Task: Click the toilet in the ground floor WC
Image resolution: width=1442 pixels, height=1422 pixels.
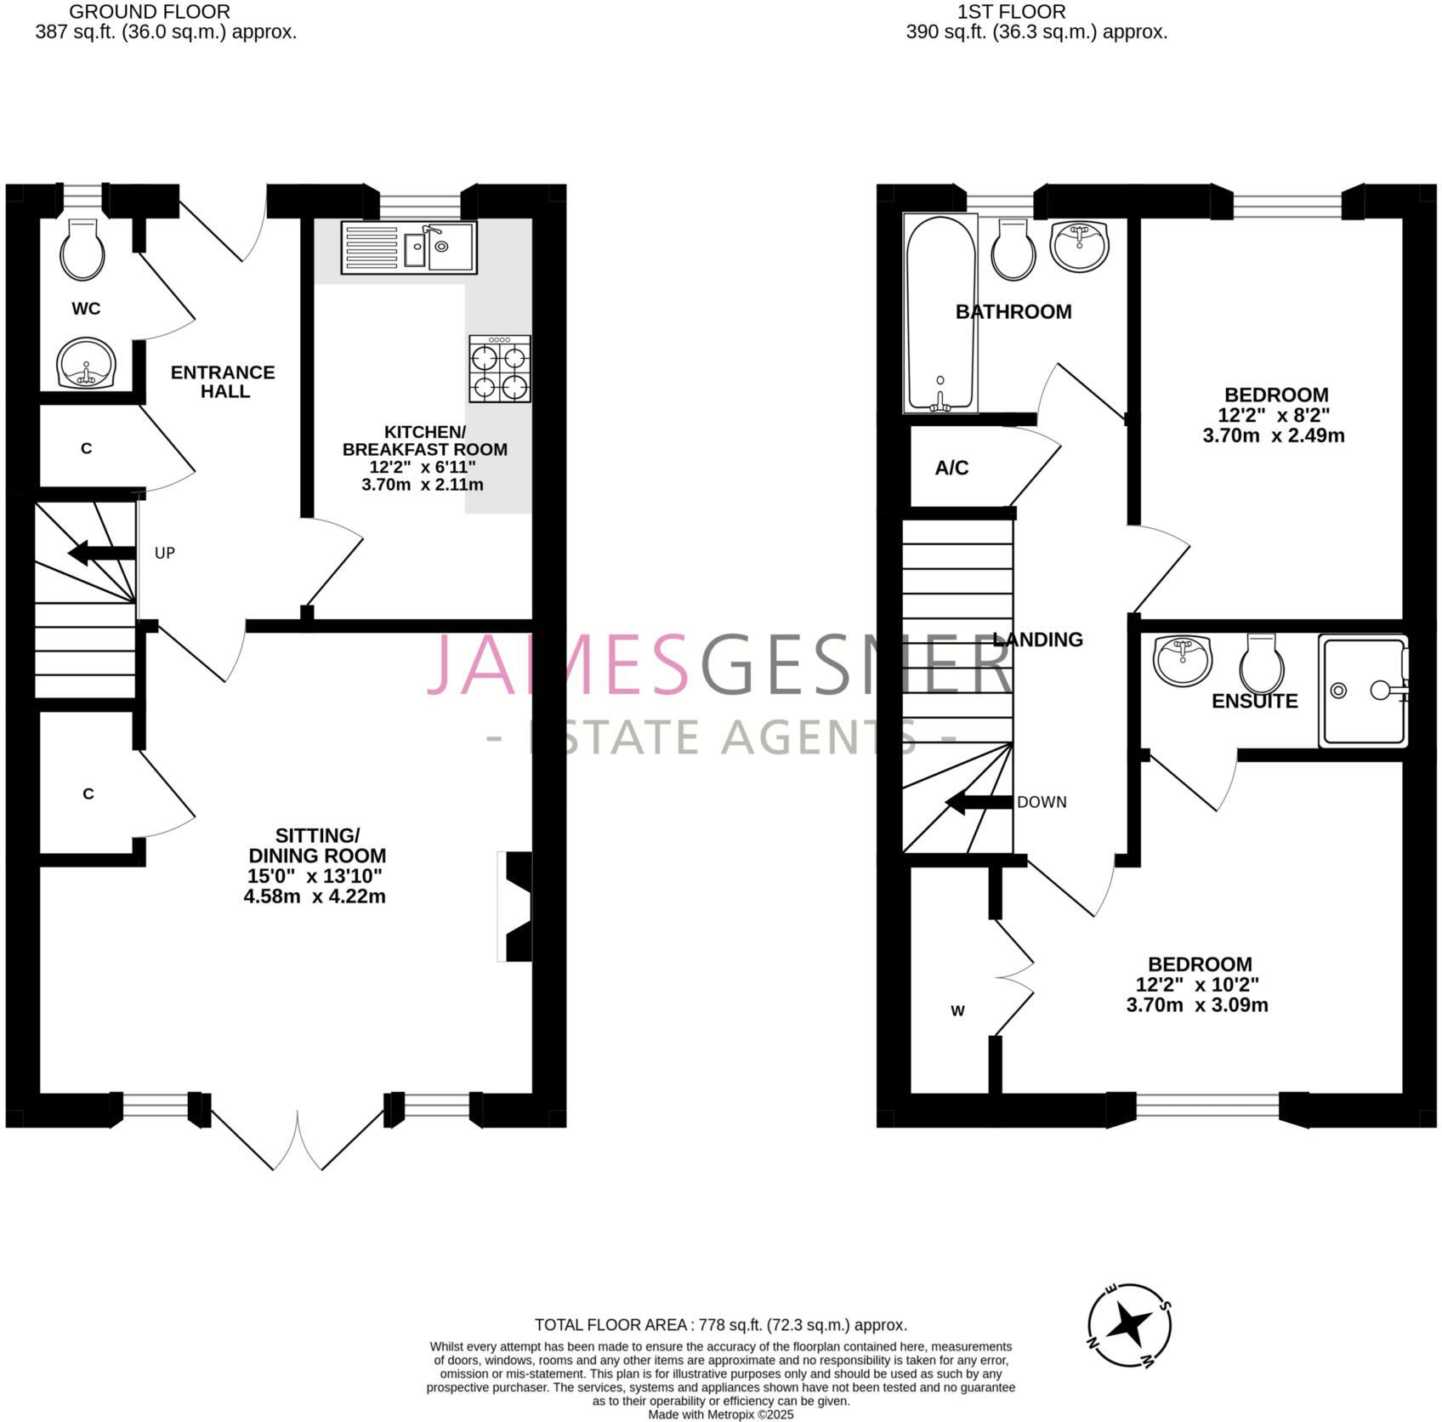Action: pos(82,249)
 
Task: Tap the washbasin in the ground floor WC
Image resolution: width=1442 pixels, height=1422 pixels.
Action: pos(86,362)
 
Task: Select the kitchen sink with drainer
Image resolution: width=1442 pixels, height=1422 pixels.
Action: pos(409,247)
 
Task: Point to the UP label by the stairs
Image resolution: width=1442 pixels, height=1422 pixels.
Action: pos(164,553)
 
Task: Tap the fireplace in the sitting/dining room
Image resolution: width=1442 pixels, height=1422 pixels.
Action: pos(517,907)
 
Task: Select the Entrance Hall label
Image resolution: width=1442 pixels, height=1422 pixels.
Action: pos(223,382)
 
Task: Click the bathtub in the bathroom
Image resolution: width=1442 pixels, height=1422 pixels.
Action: pos(940,313)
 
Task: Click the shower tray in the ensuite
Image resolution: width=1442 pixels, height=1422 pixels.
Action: pos(1362,691)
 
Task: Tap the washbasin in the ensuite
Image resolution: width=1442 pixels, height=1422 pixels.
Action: pos(1183,659)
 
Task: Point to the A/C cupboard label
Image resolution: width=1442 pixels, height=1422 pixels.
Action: pos(951,468)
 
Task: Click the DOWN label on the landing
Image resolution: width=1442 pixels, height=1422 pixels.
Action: pos(1041,802)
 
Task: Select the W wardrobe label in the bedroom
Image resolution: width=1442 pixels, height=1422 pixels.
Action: pos(957,1011)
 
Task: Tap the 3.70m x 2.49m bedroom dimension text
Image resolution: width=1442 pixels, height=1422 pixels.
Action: pos(1273,436)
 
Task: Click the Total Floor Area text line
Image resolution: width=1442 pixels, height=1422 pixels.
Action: pos(720,1325)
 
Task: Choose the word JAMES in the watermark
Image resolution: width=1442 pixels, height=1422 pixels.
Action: pos(557,664)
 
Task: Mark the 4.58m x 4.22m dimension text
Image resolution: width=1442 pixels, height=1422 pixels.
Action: pos(315,896)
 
